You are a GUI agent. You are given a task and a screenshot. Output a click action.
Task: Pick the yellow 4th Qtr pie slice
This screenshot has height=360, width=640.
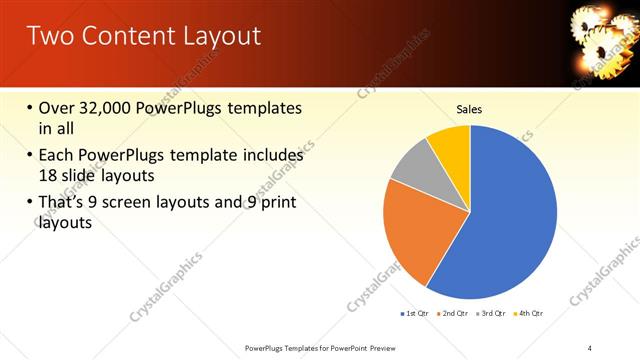pyautogui.click(x=450, y=145)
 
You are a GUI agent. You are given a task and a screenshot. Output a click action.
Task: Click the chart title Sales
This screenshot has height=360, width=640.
pyautogui.click(x=469, y=109)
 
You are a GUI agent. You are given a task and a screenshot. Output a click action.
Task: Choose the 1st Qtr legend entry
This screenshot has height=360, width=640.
pyautogui.click(x=416, y=314)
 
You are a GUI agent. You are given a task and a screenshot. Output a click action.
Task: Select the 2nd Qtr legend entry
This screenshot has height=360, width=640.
pyautogui.click(x=456, y=314)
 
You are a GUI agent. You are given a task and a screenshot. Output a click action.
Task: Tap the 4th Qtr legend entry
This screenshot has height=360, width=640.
pyautogui.click(x=531, y=314)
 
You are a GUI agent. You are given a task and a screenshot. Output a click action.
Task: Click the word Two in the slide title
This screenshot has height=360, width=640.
pyautogui.click(x=51, y=37)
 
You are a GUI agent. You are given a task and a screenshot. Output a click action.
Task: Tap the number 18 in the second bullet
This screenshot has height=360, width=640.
pyautogui.click(x=48, y=174)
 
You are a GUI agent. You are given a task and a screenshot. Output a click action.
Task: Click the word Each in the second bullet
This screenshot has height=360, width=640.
pyautogui.click(x=58, y=155)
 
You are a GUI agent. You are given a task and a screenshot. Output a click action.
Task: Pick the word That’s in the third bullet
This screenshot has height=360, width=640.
pyautogui.click(x=65, y=203)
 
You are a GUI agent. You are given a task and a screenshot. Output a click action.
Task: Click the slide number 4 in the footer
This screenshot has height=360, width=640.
pyautogui.click(x=590, y=347)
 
